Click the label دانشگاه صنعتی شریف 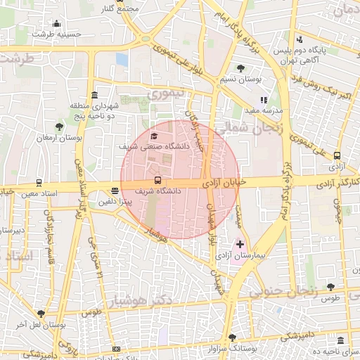click(x=155, y=147)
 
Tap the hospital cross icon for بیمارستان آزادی click(x=240, y=245)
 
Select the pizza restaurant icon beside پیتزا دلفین click(x=115, y=191)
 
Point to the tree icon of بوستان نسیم click(x=241, y=68)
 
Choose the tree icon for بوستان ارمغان click(x=59, y=127)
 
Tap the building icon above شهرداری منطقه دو click(x=94, y=95)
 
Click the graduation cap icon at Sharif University click(x=155, y=136)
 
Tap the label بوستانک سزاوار click(x=215, y=348)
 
